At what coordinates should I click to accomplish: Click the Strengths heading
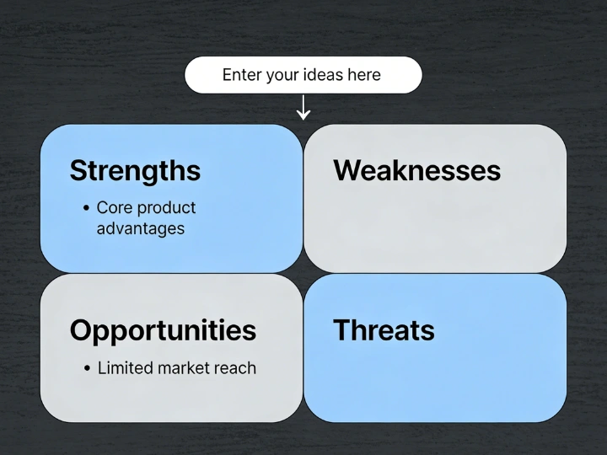[135, 171]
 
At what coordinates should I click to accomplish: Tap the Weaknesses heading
[416, 171]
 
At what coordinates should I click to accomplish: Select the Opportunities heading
[163, 330]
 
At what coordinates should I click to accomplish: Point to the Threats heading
[384, 330]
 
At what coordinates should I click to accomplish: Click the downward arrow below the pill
[303, 108]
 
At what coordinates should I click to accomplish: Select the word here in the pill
[364, 75]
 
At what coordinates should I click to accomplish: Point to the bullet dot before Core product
[87, 208]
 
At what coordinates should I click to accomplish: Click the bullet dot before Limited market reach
[88, 368]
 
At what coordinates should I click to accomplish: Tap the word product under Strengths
[166, 208]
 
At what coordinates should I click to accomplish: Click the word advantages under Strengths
[140, 228]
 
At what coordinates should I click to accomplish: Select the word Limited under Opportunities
[123, 368]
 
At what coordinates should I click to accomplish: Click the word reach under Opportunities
[234, 368]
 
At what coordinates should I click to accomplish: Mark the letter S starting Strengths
[78, 171]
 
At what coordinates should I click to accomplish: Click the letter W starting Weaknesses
[346, 171]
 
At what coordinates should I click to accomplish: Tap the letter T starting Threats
[341, 330]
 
